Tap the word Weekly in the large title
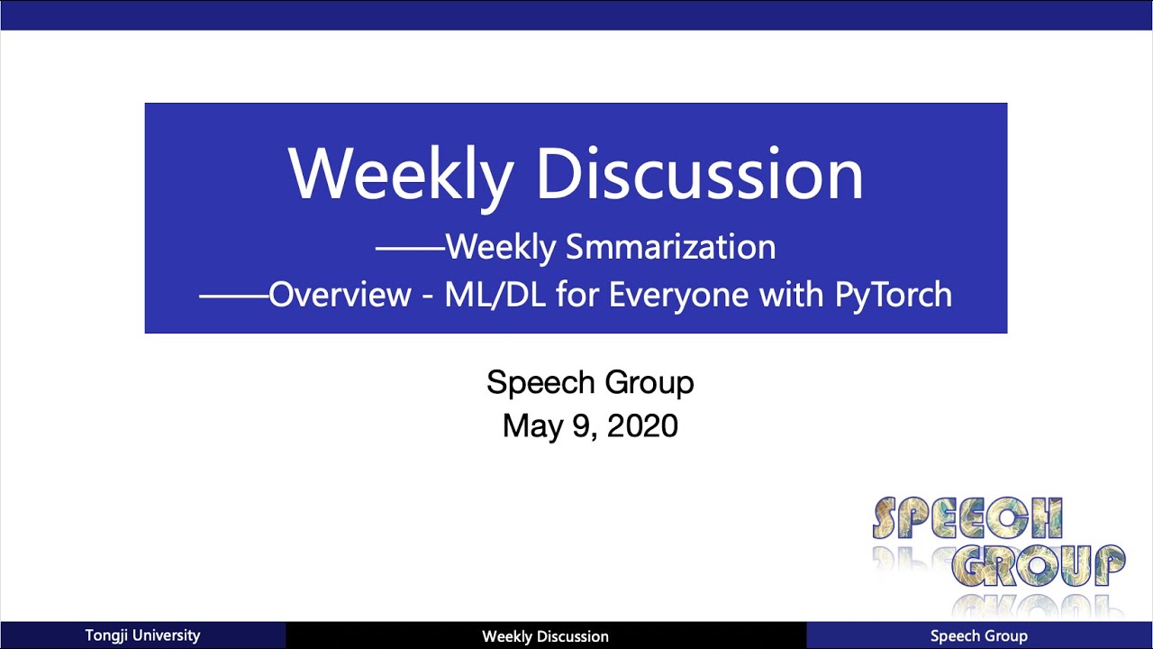tap(401, 176)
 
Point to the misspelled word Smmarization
tap(670, 247)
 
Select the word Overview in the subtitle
tap(340, 295)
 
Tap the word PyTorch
tap(893, 295)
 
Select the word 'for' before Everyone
tap(577, 295)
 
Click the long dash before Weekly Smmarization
tap(410, 248)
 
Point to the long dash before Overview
tap(233, 296)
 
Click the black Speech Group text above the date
tap(590, 382)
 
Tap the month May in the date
tap(531, 426)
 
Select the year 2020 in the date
tap(642, 425)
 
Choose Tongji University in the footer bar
tap(142, 635)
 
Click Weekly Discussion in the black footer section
tap(545, 636)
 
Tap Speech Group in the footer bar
tap(978, 636)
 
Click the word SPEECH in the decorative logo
tap(967, 518)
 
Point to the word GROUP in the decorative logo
tap(1038, 565)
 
